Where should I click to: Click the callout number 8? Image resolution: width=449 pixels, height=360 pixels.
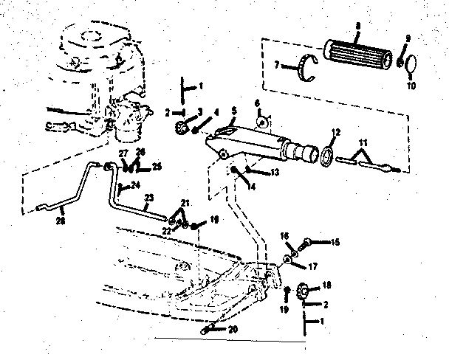tap(357, 26)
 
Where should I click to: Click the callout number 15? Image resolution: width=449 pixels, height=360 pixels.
tap(335, 241)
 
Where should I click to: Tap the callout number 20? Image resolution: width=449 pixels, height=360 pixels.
tap(233, 330)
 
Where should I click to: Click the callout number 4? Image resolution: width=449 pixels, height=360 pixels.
tap(216, 112)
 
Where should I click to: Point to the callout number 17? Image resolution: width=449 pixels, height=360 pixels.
tap(312, 266)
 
